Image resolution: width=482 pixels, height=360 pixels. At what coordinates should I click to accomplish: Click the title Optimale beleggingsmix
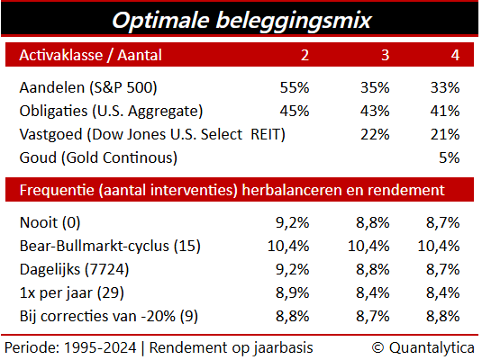(x=241, y=21)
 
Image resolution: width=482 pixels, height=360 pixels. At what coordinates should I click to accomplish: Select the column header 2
(x=305, y=55)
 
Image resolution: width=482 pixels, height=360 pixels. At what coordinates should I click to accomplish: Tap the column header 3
(x=386, y=55)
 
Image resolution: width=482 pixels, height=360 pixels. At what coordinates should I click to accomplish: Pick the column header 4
(x=455, y=55)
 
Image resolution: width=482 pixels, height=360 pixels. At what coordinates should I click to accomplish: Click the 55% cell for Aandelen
(x=295, y=87)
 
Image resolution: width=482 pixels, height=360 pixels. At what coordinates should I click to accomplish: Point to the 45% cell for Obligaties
(x=295, y=111)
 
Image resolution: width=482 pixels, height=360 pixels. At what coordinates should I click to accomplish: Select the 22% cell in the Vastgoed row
(x=375, y=134)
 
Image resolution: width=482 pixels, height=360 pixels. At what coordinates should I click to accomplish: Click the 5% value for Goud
(x=449, y=157)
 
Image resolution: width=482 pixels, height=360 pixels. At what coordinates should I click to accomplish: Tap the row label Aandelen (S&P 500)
(x=88, y=88)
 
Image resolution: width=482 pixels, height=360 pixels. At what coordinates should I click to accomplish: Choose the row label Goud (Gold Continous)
(x=98, y=157)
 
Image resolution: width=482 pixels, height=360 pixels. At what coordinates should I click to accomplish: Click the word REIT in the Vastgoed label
(x=266, y=134)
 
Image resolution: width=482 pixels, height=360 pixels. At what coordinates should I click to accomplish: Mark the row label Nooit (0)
(x=50, y=222)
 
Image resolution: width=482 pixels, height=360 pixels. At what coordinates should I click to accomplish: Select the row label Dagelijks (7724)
(x=74, y=270)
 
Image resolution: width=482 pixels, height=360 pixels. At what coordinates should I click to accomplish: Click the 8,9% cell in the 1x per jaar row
(x=292, y=292)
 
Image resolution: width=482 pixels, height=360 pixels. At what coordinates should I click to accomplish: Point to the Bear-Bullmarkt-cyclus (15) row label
(x=110, y=247)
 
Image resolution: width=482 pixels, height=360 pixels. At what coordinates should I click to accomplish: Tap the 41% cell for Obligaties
(x=445, y=111)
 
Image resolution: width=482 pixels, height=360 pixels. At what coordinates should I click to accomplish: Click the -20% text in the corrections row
(x=158, y=316)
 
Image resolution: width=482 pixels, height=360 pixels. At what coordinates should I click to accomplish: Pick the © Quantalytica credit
(x=423, y=348)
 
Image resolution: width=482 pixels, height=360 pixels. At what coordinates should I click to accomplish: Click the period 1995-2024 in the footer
(x=100, y=348)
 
